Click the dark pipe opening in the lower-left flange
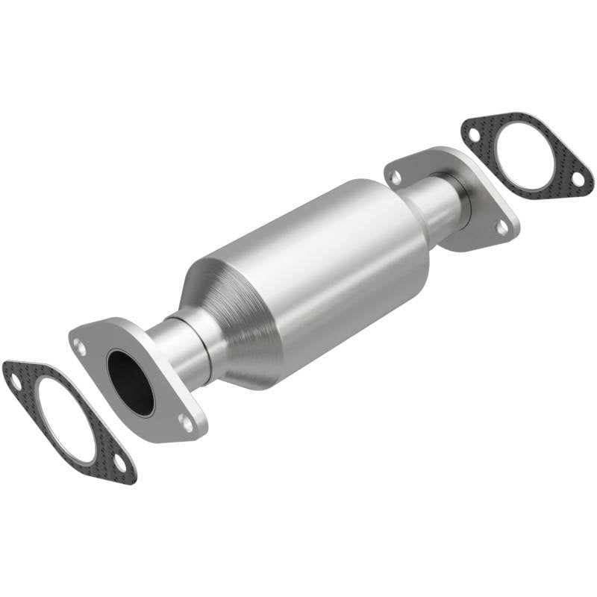[130, 381]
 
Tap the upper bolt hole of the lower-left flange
[80, 345]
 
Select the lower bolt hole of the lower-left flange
[186, 423]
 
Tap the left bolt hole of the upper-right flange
[396, 178]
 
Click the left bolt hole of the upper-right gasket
[473, 131]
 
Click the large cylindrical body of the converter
[321, 276]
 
